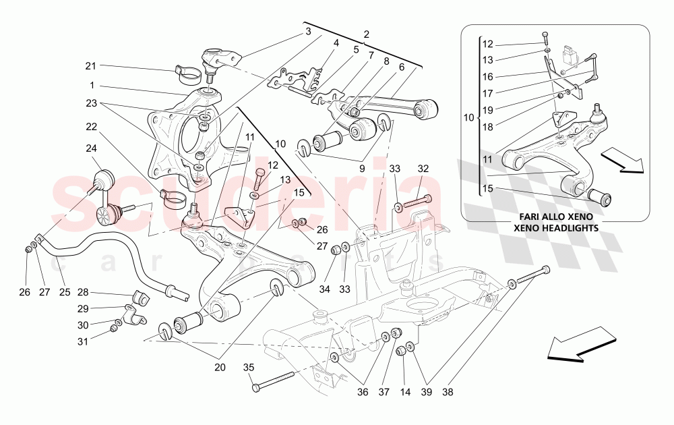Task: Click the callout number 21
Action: pyautogui.click(x=90, y=65)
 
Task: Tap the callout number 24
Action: pyautogui.click(x=90, y=148)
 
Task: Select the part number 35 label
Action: pyautogui.click(x=249, y=368)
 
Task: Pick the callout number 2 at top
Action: pyautogui.click(x=367, y=34)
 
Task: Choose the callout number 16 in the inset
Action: pyautogui.click(x=488, y=77)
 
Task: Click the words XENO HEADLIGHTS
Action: pyautogui.click(x=555, y=229)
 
